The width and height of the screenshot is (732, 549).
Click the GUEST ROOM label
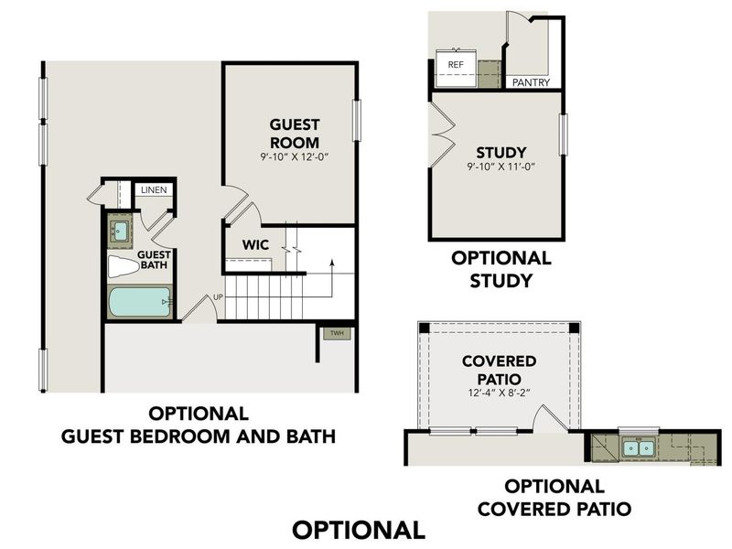[294, 133]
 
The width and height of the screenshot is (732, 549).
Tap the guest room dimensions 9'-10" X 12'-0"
[294, 156]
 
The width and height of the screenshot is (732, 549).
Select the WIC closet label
[254, 244]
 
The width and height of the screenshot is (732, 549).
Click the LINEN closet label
[153, 190]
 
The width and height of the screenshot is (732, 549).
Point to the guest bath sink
[120, 229]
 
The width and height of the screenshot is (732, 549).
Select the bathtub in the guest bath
[138, 302]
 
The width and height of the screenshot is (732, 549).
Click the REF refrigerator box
[455, 64]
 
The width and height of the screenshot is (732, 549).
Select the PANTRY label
[531, 82]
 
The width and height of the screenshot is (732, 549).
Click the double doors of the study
[443, 129]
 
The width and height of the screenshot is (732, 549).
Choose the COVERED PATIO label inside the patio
[499, 370]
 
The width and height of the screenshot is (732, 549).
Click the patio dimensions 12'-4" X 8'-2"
[499, 393]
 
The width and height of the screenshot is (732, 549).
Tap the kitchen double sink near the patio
[639, 447]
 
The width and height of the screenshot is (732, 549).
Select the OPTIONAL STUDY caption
[501, 270]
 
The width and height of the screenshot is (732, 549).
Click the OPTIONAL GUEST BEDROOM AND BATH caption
[198, 425]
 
